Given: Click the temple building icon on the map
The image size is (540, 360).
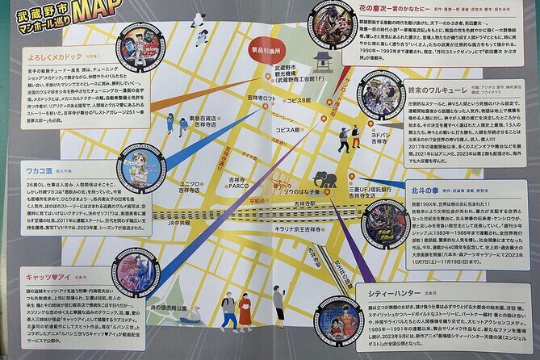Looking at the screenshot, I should [322, 61].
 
